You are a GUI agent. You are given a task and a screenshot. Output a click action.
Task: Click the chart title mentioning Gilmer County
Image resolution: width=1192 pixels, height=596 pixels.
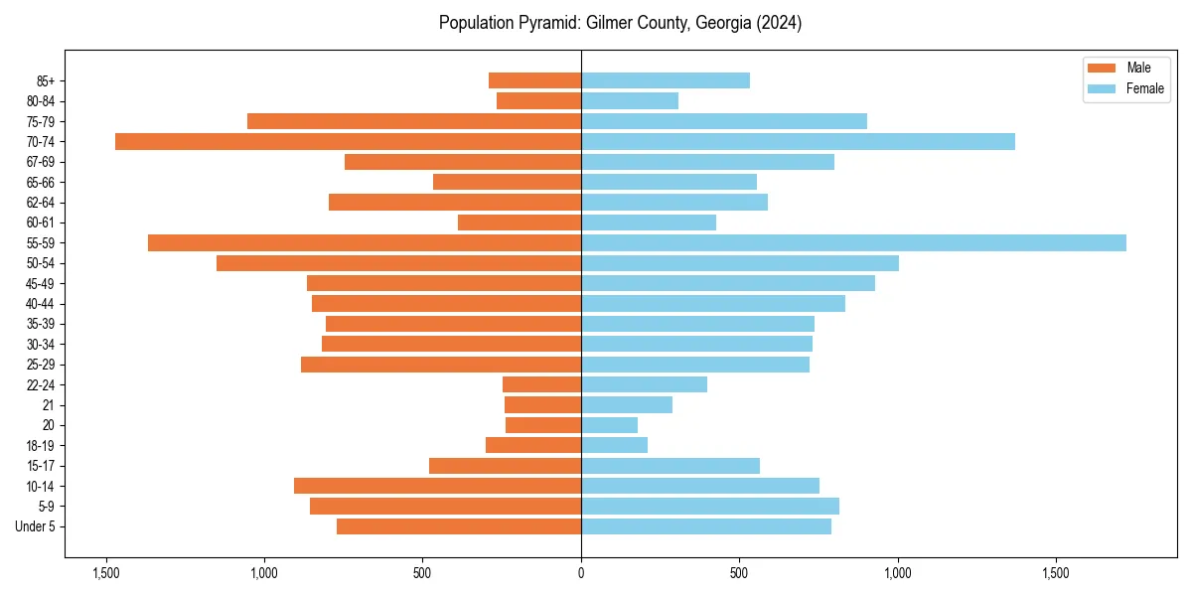620,23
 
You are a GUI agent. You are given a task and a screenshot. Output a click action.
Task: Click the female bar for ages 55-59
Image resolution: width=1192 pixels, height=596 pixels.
853,242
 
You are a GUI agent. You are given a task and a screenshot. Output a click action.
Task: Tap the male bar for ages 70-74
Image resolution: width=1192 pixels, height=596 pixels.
348,141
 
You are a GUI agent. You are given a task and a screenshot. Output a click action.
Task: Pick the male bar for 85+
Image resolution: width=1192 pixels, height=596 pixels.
534,80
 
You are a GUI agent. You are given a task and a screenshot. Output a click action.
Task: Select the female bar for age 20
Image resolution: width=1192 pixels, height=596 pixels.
609,425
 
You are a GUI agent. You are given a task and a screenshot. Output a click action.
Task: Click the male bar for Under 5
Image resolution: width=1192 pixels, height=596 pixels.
459,526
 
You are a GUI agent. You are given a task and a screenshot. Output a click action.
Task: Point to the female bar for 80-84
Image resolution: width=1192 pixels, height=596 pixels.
630,100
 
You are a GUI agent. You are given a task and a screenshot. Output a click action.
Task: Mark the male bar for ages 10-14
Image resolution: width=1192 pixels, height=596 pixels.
437,486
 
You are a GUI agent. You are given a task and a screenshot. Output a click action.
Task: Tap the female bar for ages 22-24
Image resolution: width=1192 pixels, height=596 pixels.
644,384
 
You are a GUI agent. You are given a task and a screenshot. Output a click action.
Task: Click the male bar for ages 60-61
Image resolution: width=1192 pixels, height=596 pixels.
520,223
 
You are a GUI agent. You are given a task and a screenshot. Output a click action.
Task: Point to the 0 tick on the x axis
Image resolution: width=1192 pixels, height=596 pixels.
581,573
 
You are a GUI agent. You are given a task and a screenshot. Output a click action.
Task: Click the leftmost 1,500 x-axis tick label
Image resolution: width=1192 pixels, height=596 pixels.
106,573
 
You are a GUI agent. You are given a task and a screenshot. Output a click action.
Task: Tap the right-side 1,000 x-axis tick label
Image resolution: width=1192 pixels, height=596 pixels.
897,573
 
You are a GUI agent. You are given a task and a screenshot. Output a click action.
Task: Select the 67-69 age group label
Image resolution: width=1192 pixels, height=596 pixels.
41,162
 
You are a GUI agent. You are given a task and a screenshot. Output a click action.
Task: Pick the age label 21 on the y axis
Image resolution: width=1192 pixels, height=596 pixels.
49,405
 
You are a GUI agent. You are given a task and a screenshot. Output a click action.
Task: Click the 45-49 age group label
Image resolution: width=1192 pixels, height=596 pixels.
41,283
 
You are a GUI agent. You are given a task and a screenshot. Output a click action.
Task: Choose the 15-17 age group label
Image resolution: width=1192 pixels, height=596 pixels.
41,466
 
